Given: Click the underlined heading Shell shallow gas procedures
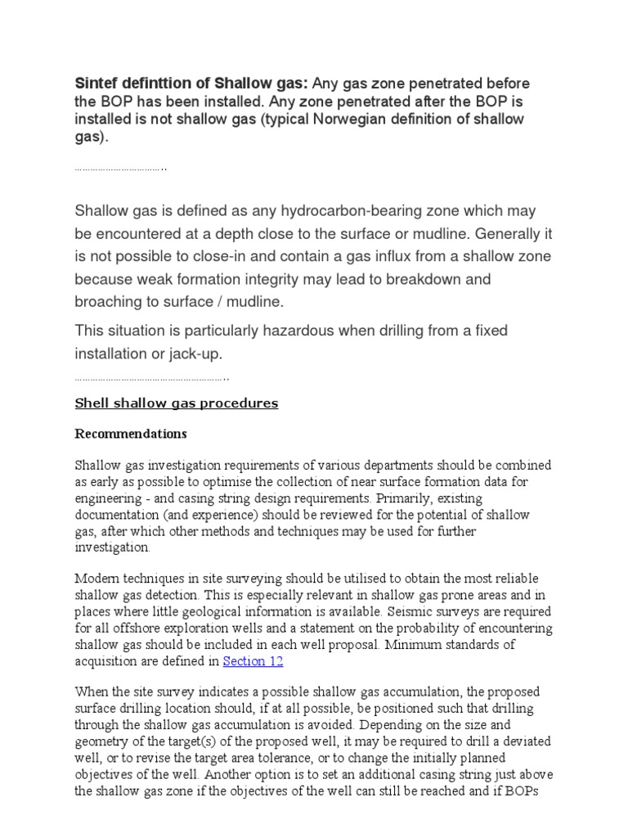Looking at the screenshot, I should pos(176,403).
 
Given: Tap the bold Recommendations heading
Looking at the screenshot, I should pos(131,434).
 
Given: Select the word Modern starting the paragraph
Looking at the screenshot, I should pos(96,579).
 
